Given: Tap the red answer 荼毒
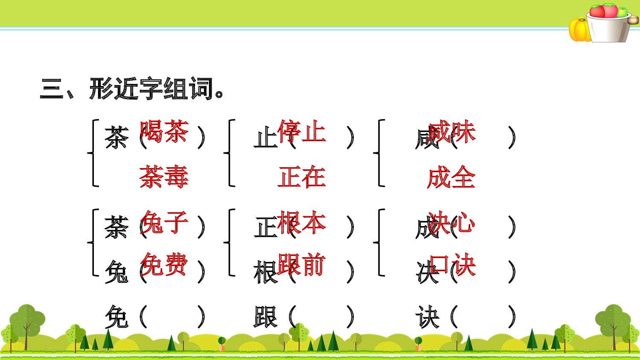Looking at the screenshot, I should [x=164, y=177].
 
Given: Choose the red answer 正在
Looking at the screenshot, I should [x=302, y=177].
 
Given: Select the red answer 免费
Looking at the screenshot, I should [x=164, y=264].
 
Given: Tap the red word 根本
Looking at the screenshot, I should [x=302, y=222].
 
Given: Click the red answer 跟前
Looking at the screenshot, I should [x=302, y=264].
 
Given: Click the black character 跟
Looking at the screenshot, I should [x=265, y=317].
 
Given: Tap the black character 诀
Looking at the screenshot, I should [x=427, y=317].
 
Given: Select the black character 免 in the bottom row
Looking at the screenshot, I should [x=116, y=317].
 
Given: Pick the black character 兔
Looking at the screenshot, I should [x=116, y=272].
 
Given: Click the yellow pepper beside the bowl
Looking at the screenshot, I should [x=579, y=30].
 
